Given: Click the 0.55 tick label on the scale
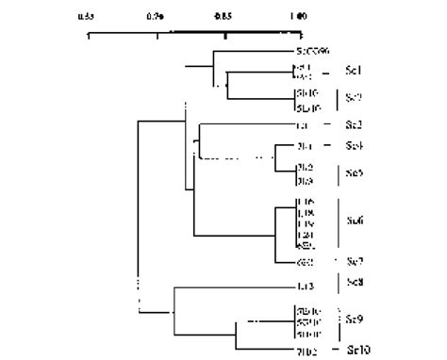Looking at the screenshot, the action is (86, 16).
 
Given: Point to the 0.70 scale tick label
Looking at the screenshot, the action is (156, 16).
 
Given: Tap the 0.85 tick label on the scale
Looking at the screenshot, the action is (225, 16).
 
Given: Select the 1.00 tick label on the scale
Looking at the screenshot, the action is (296, 16).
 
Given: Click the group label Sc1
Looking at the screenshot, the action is (355, 71).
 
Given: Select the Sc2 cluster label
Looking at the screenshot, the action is (355, 97).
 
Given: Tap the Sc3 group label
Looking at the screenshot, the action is (355, 124).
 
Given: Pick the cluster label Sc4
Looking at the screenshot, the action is (355, 145).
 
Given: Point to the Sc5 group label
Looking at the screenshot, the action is (355, 173).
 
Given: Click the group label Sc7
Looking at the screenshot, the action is (355, 261).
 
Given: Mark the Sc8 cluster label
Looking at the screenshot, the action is (355, 283).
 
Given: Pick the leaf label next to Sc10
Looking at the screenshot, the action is (306, 351).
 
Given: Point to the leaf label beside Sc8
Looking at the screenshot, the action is (305, 286).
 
